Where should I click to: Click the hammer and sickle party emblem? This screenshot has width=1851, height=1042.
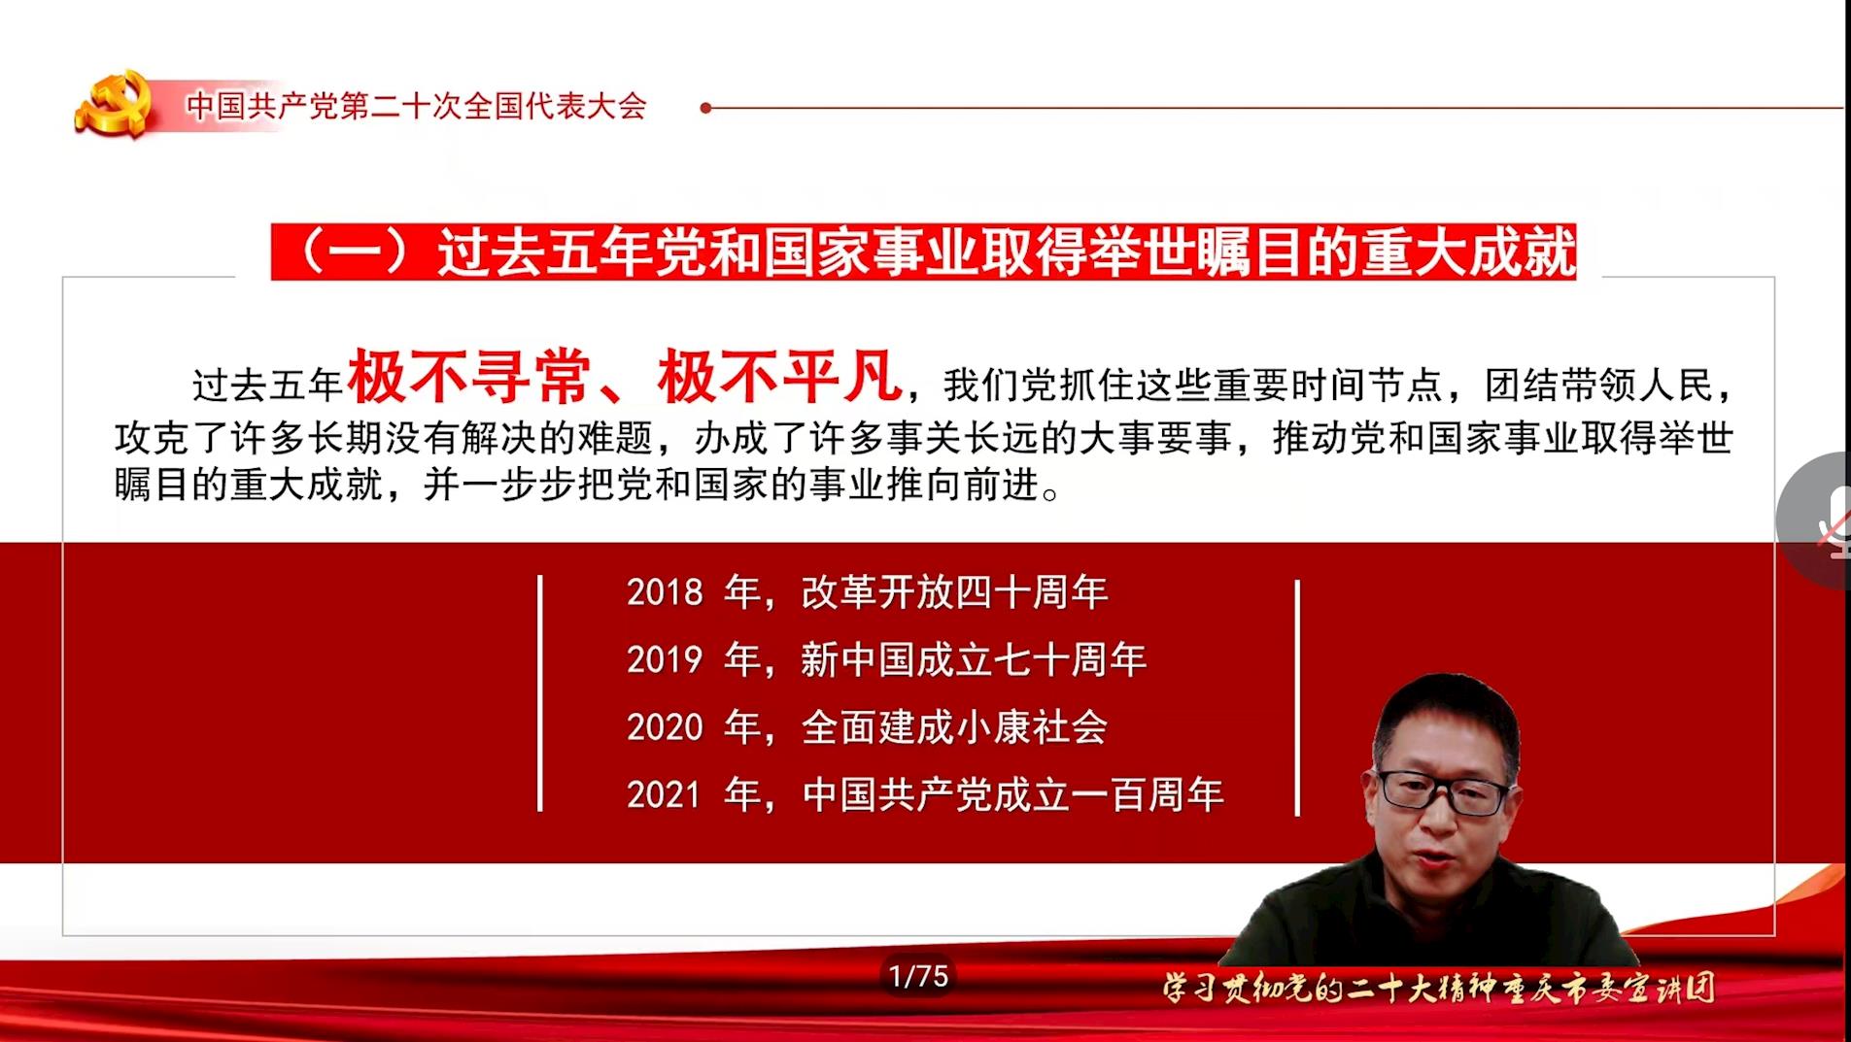(115, 103)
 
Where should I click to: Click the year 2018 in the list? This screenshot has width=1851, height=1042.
(665, 592)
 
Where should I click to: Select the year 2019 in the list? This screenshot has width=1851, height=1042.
(665, 660)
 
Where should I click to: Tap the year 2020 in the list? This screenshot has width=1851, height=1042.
(665, 727)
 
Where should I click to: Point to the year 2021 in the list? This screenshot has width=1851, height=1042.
(665, 795)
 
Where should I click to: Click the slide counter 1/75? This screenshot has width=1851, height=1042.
(918, 975)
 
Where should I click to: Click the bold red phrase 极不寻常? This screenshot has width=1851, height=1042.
(469, 376)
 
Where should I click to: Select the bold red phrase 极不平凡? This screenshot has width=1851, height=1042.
(779, 376)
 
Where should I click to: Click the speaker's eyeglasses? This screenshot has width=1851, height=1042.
(1445, 792)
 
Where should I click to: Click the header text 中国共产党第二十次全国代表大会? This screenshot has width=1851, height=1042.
(417, 106)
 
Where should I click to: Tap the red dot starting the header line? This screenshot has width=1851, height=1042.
(706, 108)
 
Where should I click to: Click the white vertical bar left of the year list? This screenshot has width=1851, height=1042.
(540, 693)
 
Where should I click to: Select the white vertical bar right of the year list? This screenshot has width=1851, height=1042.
(1297, 697)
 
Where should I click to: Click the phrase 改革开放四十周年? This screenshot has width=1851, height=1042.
(954, 592)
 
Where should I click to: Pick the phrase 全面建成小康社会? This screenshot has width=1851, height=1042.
(954, 727)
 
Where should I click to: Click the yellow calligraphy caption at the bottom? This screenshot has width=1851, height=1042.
(1439, 989)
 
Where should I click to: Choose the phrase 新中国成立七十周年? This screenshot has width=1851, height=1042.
(974, 660)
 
